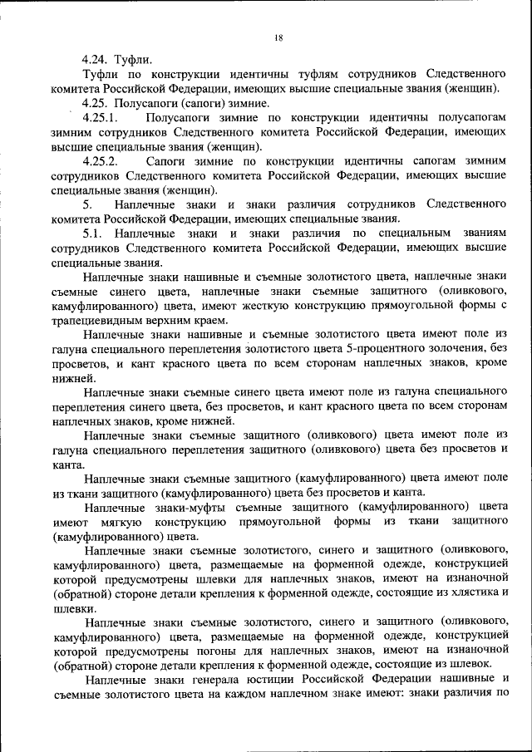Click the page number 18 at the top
tap(278, 37)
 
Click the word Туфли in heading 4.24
tap(135, 59)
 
